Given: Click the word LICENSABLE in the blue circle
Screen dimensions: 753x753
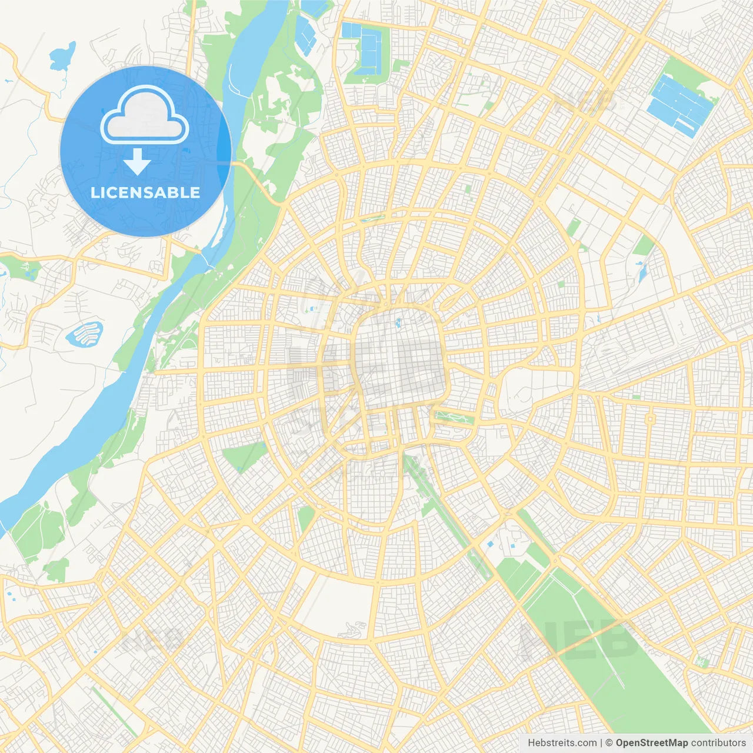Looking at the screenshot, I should (x=145, y=192).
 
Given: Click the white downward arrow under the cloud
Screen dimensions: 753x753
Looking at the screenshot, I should (x=137, y=162).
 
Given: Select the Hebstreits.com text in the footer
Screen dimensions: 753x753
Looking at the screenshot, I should (x=562, y=743).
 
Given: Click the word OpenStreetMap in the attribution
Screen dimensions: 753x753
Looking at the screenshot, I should (x=651, y=743).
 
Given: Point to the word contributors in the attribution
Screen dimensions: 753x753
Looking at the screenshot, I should (x=718, y=743).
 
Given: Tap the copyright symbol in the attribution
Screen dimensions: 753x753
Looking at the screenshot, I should (x=609, y=743).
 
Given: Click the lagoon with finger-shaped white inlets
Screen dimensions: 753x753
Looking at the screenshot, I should (x=85, y=334).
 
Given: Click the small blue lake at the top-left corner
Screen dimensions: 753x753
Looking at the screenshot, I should (x=62, y=55).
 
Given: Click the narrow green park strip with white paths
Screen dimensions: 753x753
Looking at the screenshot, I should (x=454, y=418).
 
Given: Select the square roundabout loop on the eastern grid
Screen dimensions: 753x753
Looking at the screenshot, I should (x=650, y=419).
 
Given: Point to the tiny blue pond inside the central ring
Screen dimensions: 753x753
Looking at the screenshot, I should (x=398, y=322).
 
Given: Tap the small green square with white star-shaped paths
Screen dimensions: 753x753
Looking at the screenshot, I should (x=701, y=662).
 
